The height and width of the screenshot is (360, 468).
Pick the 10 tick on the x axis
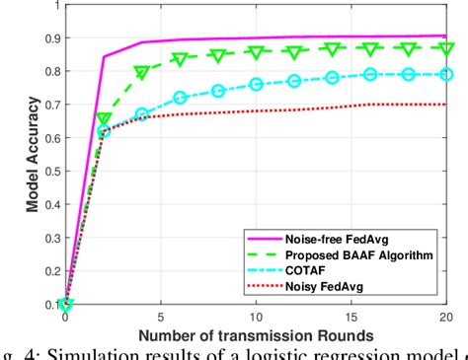[256, 319]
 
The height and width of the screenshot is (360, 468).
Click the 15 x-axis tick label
[351, 319]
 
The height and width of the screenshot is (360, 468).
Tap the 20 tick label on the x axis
[445, 319]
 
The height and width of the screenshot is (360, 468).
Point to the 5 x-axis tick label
[161, 319]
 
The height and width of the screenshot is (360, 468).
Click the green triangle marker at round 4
[142, 72]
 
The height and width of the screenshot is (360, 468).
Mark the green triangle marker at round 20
[446, 48]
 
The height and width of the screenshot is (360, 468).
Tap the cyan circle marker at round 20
[446, 74]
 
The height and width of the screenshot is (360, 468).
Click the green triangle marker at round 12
[294, 51]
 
